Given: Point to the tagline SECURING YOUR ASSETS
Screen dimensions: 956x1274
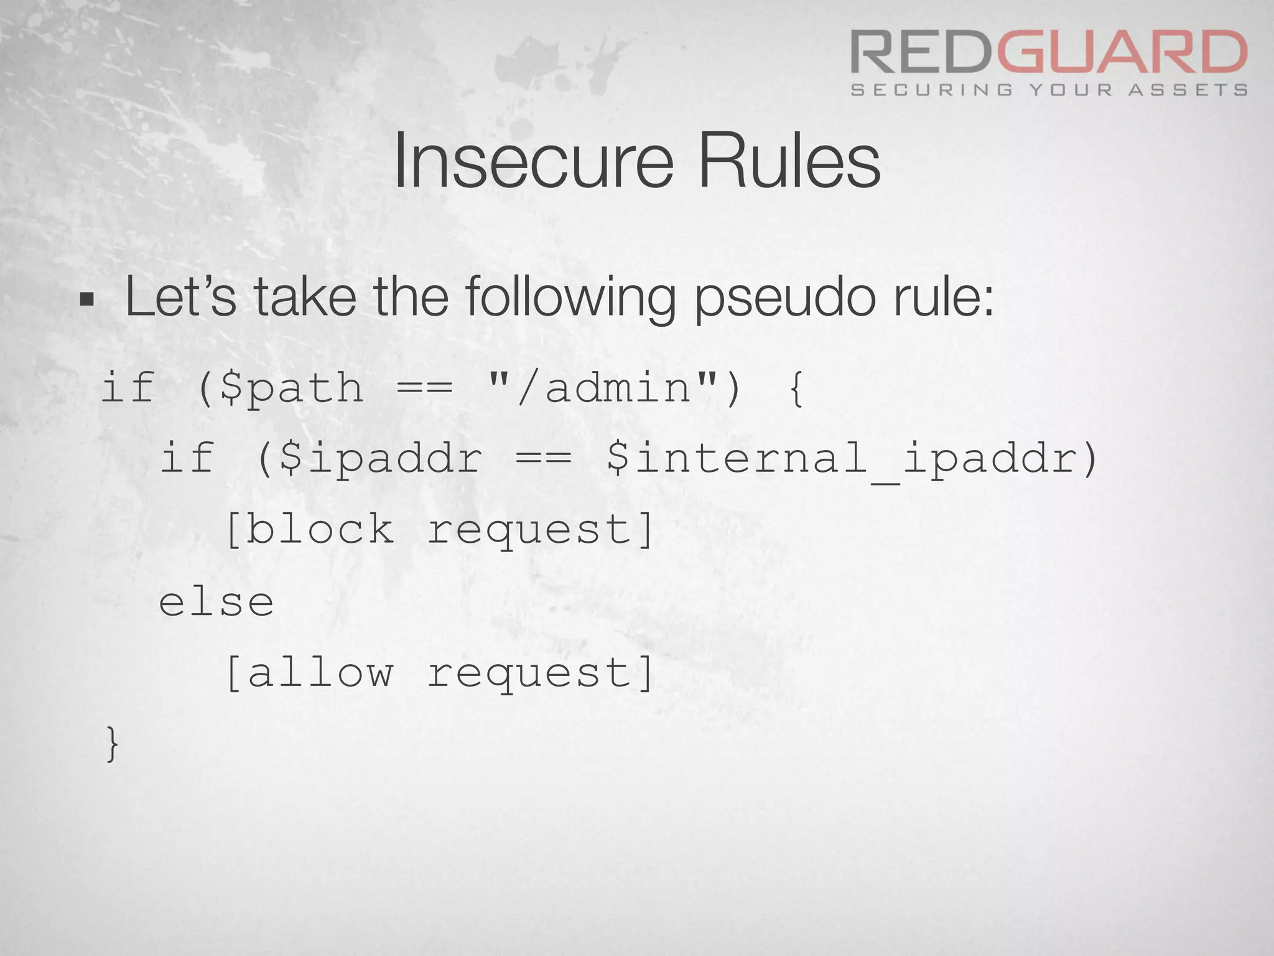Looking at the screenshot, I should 1049,90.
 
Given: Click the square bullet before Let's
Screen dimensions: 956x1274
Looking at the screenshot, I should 87,300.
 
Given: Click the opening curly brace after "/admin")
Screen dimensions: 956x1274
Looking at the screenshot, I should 796,388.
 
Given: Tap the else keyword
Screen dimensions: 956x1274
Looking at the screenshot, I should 216,602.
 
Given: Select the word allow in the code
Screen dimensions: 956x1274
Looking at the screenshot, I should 319,673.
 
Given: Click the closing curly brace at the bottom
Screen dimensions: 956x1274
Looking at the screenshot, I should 112,743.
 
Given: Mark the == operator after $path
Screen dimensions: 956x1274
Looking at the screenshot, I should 424,388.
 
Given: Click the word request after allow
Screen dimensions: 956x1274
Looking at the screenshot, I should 530,674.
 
